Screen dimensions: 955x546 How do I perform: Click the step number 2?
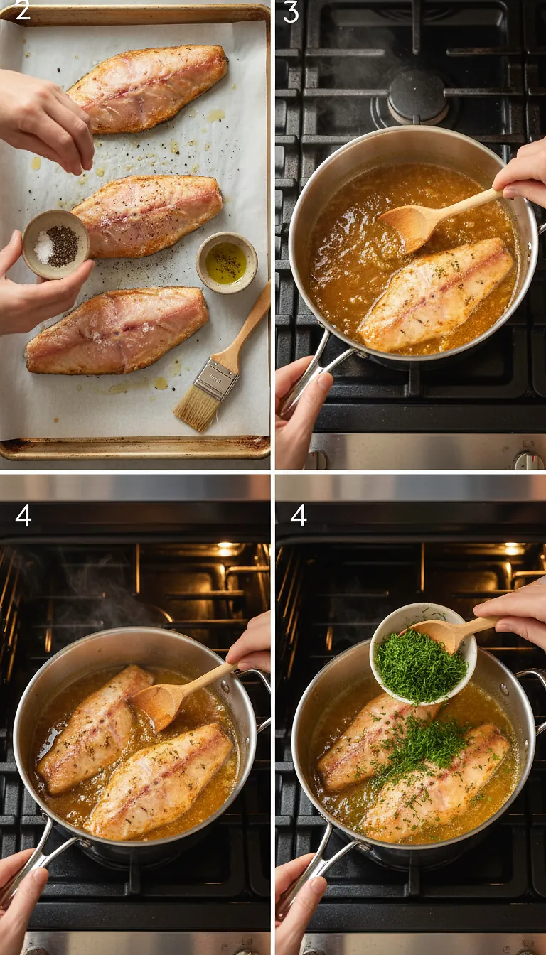22,11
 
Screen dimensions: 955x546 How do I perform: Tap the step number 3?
291,12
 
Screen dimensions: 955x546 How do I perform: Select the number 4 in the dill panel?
299,515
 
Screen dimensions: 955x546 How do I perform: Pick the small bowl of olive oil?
227,262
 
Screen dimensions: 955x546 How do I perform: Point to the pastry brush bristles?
195,411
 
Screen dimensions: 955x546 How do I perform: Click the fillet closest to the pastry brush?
118,330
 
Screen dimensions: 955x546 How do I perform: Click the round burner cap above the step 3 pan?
419,96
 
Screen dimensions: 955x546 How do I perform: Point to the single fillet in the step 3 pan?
435,294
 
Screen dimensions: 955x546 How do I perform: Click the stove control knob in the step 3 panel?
528,460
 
